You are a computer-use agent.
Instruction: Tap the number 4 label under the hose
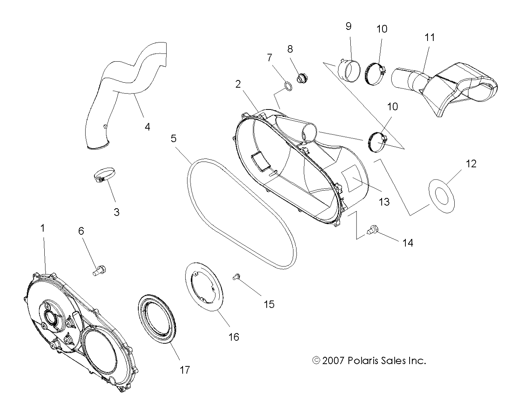point(147,127)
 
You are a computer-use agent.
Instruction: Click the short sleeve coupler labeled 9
point(349,70)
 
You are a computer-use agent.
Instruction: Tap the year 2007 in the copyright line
point(334,361)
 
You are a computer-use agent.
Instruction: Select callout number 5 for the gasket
point(173,138)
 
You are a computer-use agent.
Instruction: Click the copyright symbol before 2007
point(316,361)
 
